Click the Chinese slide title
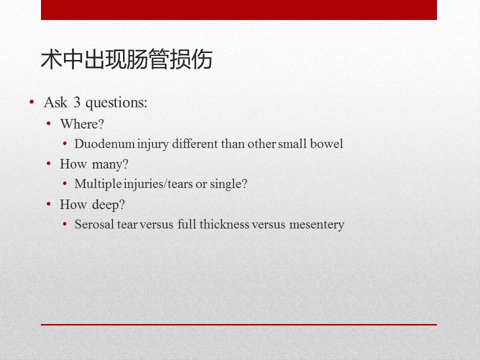126,59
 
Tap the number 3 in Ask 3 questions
76,103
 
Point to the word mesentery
319,224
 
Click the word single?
228,184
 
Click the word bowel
327,144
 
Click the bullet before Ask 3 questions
32,102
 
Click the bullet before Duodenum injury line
65,144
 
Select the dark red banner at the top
238,9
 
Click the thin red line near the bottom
238,324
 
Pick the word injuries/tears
153,184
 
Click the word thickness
224,224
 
